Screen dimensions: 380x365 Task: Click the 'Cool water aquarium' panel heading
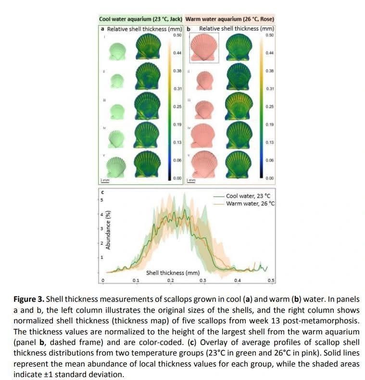[140, 19]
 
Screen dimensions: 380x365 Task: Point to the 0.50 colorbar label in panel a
[177, 35]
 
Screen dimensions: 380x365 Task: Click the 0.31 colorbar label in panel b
[270, 89]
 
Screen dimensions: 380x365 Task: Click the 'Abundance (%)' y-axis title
[109, 230]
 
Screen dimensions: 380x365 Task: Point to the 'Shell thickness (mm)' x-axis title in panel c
[173, 273]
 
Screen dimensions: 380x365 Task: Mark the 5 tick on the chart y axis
[102, 199]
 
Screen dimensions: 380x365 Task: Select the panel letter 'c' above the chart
[102, 193]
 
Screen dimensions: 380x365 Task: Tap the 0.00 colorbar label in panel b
[269, 178]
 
